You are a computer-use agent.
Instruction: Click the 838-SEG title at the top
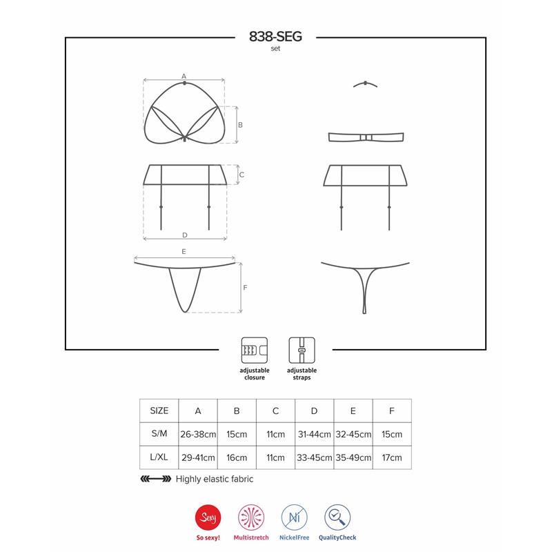pyautogui.click(x=275, y=39)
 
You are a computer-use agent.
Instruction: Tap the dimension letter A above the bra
pyautogui.click(x=184, y=75)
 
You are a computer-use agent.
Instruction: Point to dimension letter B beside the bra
pyautogui.click(x=240, y=125)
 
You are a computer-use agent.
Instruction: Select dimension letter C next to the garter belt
pyautogui.click(x=241, y=175)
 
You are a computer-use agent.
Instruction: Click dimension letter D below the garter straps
pyautogui.click(x=184, y=235)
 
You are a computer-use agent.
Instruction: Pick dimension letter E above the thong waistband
pyautogui.click(x=184, y=253)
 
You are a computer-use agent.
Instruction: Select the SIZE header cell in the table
pyautogui.click(x=159, y=411)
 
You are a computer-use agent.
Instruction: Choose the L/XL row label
pyautogui.click(x=159, y=457)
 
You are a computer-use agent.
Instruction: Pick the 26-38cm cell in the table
pyautogui.click(x=198, y=435)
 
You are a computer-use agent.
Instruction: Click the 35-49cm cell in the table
pyautogui.click(x=353, y=457)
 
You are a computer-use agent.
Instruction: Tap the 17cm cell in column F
pyautogui.click(x=391, y=457)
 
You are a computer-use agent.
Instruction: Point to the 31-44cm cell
pyautogui.click(x=314, y=435)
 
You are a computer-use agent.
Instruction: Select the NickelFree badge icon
pyautogui.click(x=295, y=517)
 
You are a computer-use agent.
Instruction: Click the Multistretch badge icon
pyautogui.click(x=250, y=517)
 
